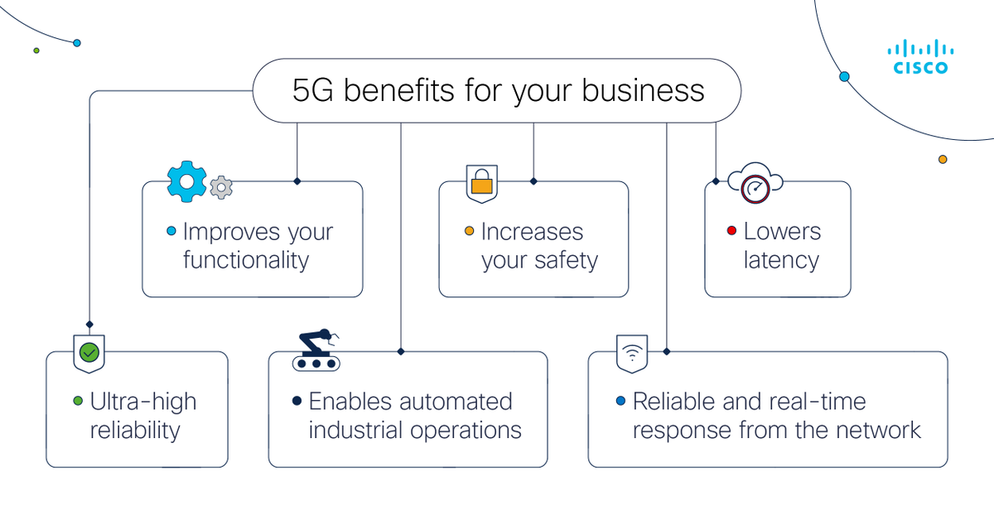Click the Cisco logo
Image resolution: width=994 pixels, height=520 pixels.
[x=920, y=58]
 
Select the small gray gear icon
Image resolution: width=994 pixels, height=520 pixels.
[x=220, y=187]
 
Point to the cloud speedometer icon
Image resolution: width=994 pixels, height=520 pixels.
[x=755, y=185]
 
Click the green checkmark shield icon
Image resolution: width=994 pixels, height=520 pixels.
[x=89, y=354]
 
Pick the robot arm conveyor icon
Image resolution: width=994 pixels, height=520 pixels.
[x=316, y=351]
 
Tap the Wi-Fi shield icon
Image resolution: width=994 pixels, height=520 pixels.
[x=632, y=354]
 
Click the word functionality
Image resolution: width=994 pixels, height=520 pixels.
[x=246, y=260]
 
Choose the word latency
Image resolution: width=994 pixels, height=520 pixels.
[x=781, y=260]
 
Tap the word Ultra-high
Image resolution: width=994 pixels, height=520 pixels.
[x=143, y=402]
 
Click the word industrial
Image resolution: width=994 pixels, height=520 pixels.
[x=358, y=430]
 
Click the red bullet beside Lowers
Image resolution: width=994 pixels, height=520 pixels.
[x=731, y=232]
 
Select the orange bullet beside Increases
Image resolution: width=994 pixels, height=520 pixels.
[x=469, y=232]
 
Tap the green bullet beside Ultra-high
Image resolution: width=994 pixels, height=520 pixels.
[x=78, y=402]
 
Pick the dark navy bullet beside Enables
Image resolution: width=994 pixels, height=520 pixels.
[x=297, y=402]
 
